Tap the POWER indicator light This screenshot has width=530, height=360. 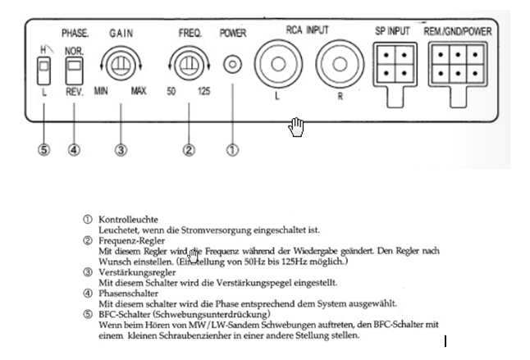(x=233, y=63)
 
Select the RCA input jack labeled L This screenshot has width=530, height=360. (x=277, y=63)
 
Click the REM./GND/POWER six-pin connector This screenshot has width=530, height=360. (x=457, y=63)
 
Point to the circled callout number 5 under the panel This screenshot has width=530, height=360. (x=44, y=150)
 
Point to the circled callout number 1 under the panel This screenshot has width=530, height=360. (x=233, y=150)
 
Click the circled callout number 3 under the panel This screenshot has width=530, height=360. (x=121, y=150)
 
